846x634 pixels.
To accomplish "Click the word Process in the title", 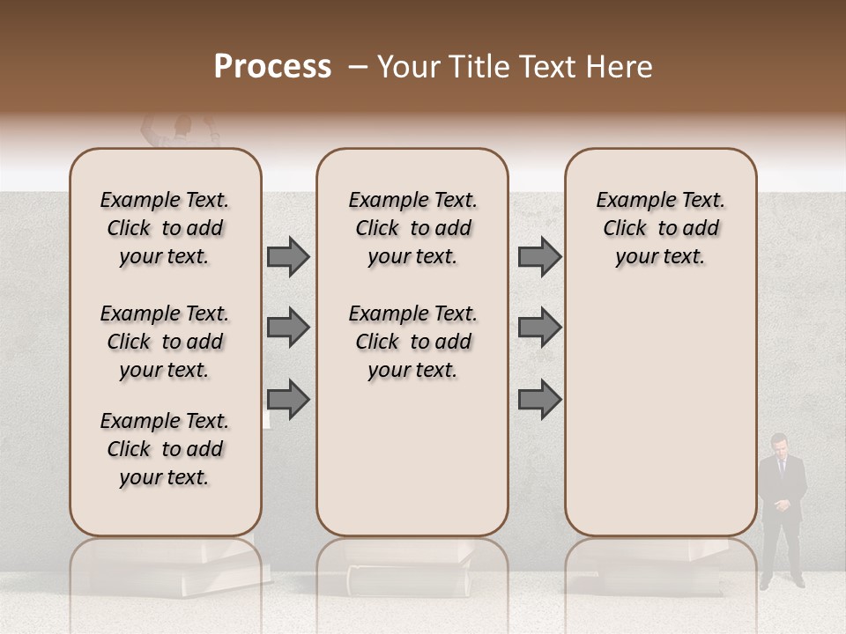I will click(272, 67).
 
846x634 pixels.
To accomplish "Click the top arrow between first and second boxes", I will click(288, 257).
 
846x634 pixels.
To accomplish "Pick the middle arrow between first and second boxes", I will click(288, 328).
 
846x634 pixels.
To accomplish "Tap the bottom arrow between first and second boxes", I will click(288, 401).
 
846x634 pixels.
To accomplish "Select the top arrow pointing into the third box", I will click(539, 257).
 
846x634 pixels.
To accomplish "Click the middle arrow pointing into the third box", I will click(539, 328).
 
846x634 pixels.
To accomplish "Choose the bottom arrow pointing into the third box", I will click(539, 401).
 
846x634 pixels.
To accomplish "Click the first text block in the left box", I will click(165, 228).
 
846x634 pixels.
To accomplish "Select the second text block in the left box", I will click(165, 342).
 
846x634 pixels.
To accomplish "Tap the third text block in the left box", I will click(165, 449).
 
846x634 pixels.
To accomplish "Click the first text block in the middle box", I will click(412, 228).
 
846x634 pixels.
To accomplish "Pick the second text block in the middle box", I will click(412, 342).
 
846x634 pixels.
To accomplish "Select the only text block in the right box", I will click(660, 228).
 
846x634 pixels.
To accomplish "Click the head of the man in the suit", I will click(779, 444).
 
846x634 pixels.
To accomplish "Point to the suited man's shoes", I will click(782, 582).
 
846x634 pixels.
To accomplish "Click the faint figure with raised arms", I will click(180, 133).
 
